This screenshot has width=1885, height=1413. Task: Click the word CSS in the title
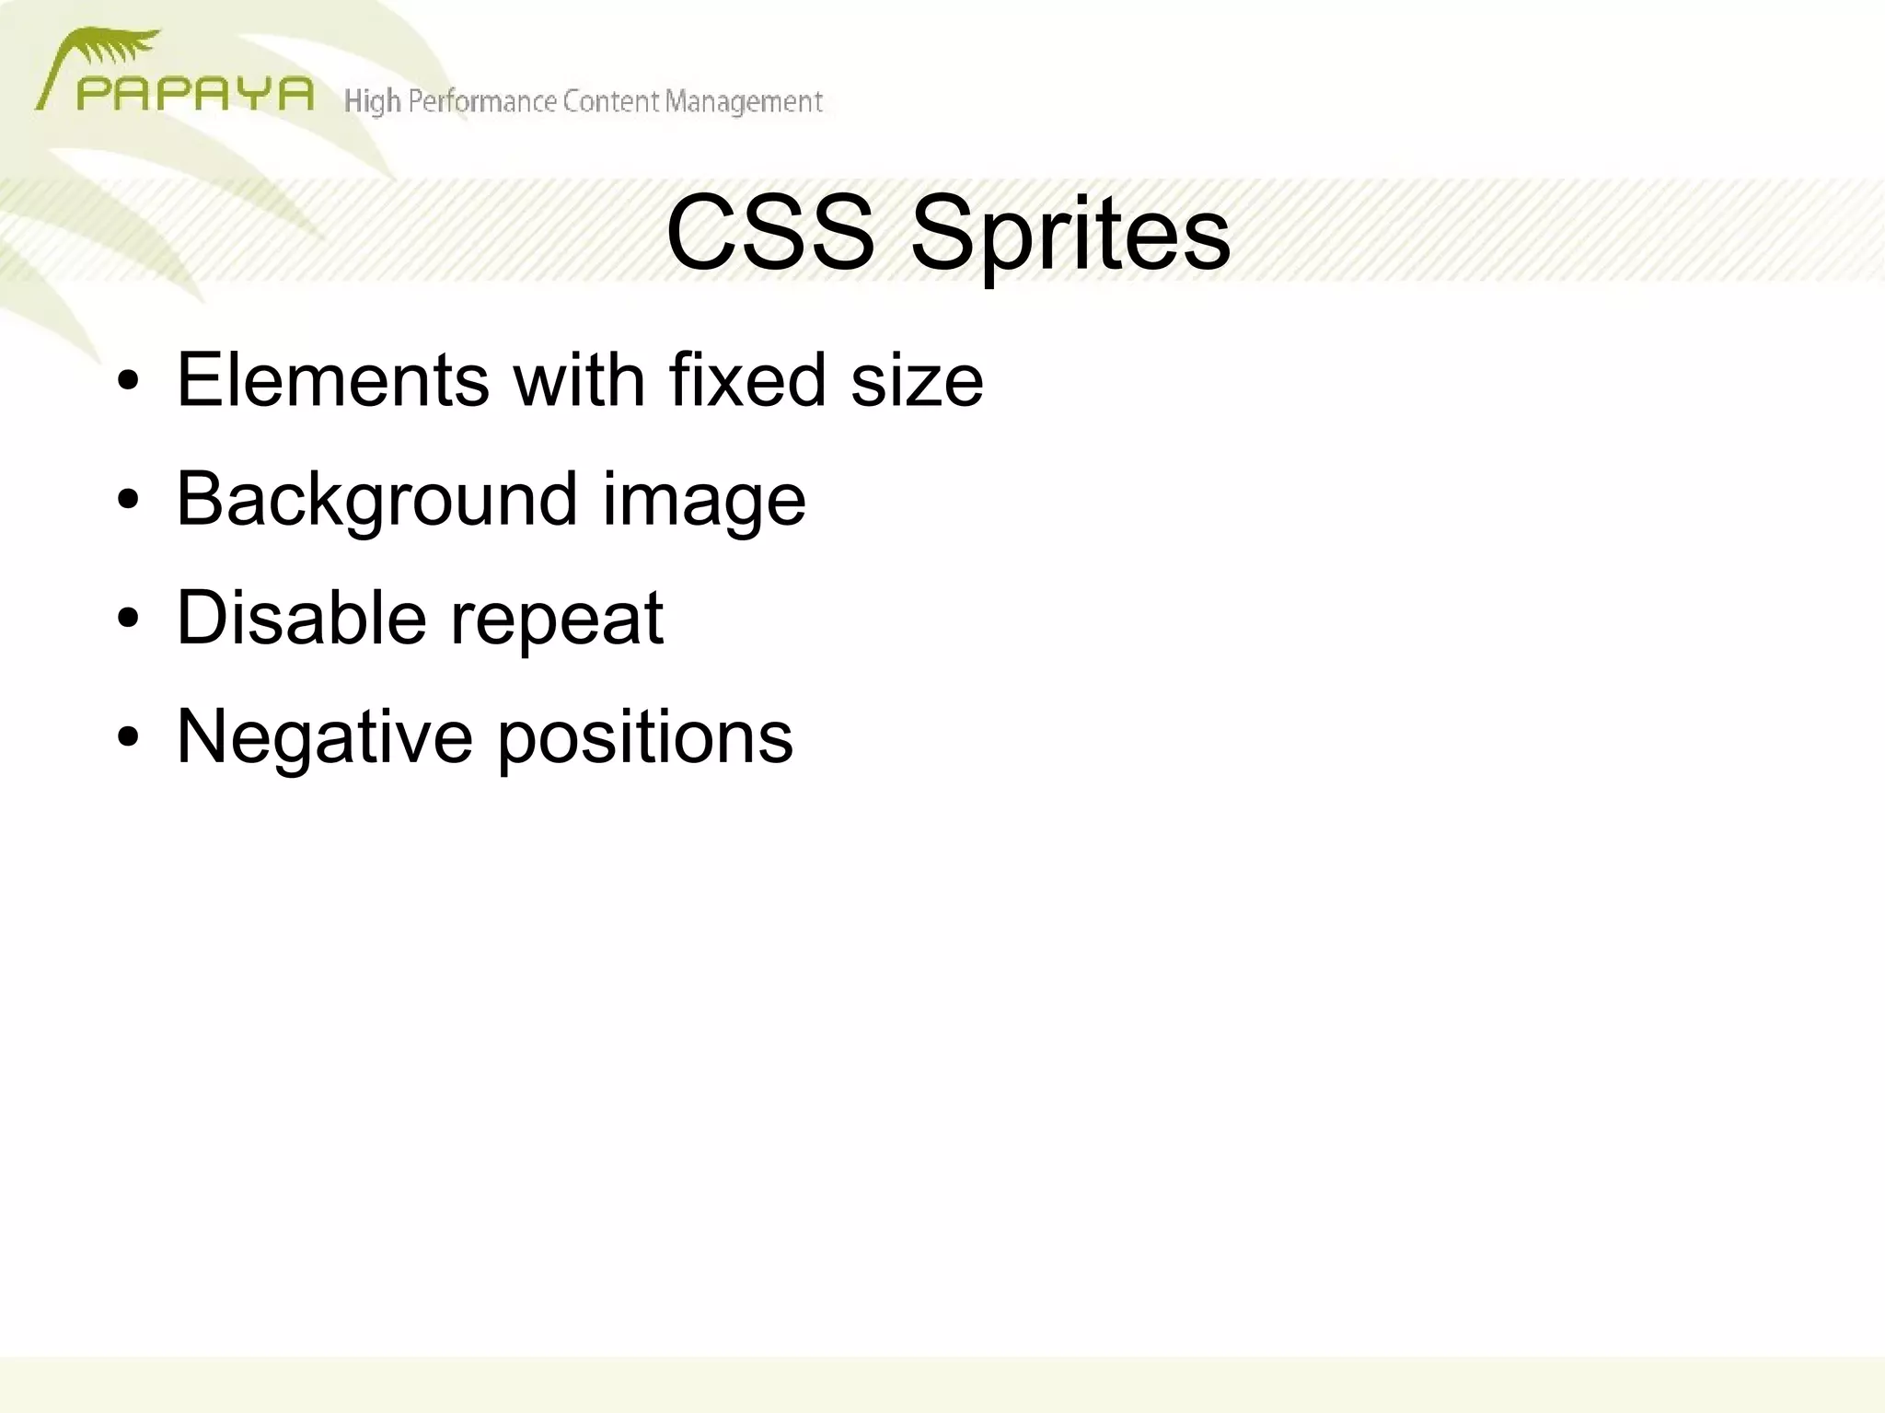pyautogui.click(x=769, y=233)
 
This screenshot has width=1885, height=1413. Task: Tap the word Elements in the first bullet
pyautogui.click(x=332, y=379)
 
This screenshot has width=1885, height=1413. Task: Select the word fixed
pyautogui.click(x=746, y=379)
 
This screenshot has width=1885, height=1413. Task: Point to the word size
pyautogui.click(x=917, y=381)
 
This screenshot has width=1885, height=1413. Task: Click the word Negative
pyautogui.click(x=324, y=736)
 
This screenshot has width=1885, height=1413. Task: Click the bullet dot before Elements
pyautogui.click(x=128, y=381)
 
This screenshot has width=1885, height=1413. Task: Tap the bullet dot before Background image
pyautogui.click(x=128, y=500)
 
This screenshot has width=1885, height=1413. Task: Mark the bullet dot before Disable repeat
pyautogui.click(x=128, y=619)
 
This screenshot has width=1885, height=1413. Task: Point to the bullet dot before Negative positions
pyautogui.click(x=128, y=737)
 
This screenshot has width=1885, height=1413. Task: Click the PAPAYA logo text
pyautogui.click(x=194, y=94)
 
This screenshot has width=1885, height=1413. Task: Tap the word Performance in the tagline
pyautogui.click(x=481, y=101)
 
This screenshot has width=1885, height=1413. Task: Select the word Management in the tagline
pyautogui.click(x=744, y=101)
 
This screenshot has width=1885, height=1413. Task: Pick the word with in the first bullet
pyautogui.click(x=579, y=379)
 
